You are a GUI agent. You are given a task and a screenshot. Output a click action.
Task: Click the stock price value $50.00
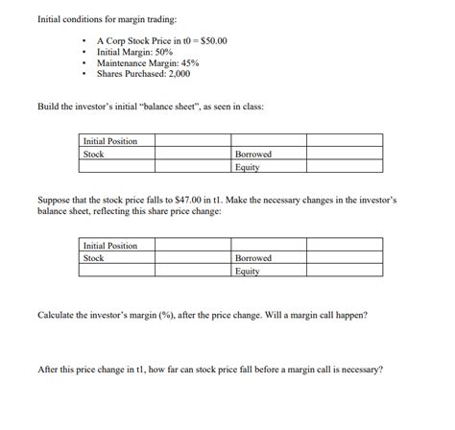click(x=212, y=43)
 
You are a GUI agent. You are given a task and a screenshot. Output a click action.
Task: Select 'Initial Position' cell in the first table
click(x=110, y=141)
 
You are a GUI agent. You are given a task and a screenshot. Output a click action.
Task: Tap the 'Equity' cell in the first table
click(x=248, y=166)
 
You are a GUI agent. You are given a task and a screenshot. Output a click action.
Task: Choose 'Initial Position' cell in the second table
click(x=110, y=246)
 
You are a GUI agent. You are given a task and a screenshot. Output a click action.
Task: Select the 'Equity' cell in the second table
click(x=248, y=271)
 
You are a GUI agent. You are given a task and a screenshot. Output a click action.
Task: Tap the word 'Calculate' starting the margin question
click(x=56, y=315)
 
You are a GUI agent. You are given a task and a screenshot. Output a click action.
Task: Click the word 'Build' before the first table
click(x=47, y=105)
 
